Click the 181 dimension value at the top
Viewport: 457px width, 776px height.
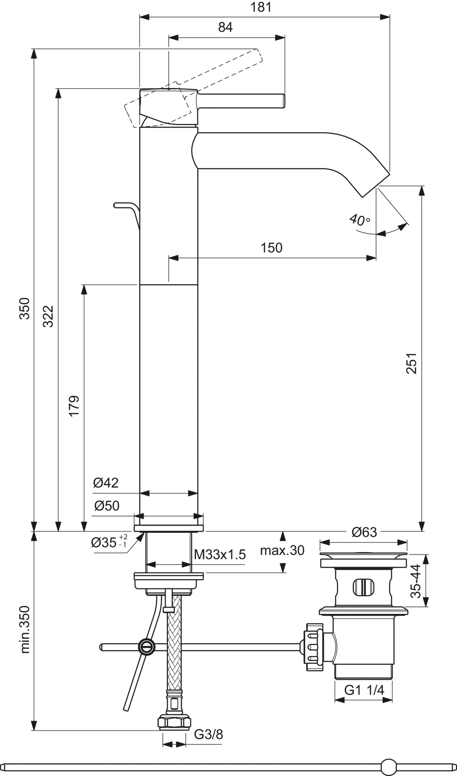(x=261, y=7)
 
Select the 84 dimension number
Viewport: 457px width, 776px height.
(x=225, y=27)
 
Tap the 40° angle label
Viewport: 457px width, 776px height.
(x=359, y=220)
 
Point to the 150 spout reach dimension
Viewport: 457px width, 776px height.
(x=272, y=248)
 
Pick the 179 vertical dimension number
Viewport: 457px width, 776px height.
(x=74, y=406)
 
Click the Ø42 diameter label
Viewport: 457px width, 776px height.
(x=106, y=483)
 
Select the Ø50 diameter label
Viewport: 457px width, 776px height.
(x=107, y=506)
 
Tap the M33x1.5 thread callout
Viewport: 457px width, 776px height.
(x=220, y=554)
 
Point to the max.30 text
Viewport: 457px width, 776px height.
(x=282, y=550)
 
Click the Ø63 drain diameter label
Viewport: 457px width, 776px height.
(x=364, y=532)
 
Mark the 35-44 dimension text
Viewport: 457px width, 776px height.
(x=416, y=581)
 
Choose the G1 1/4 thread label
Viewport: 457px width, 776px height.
(x=364, y=690)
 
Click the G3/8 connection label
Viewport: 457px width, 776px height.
(x=208, y=734)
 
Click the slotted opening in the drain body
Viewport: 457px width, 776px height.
(x=364, y=587)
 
